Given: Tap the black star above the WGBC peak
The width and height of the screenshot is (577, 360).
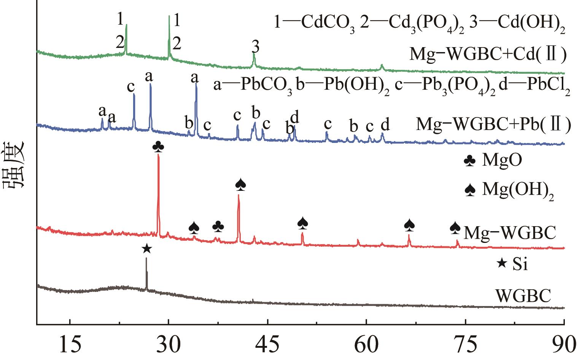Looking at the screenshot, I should [x=146, y=249].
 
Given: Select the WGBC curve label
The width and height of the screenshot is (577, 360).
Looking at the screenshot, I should [x=523, y=295].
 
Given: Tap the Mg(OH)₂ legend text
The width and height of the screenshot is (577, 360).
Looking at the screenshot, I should [x=517, y=189].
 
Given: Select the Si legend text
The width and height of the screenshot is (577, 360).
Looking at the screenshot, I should [x=520, y=264].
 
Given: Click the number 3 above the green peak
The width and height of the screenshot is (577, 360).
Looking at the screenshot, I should [x=256, y=48].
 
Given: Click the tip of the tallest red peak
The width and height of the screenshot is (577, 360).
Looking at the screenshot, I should [x=158, y=155].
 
